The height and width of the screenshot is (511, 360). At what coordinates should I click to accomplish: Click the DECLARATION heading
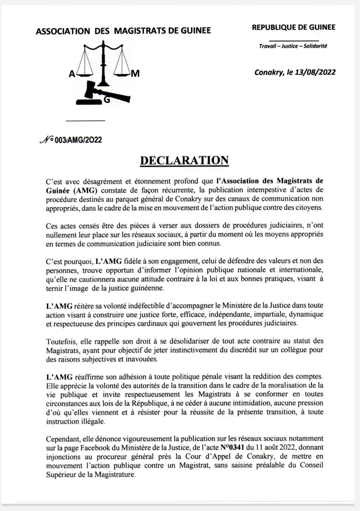point(184,160)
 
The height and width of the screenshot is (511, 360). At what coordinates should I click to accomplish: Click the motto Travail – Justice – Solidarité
point(293,46)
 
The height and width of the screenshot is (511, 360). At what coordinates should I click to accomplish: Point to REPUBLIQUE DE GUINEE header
point(293,27)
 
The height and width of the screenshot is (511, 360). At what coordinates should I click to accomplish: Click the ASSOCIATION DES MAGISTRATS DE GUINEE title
point(123,31)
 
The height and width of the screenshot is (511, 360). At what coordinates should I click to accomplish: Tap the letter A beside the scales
point(72,75)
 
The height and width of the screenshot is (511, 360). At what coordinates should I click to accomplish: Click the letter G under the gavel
point(106,101)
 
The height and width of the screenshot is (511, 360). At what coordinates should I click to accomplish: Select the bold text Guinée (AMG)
point(71,190)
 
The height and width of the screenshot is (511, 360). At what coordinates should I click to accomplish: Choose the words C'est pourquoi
point(70,261)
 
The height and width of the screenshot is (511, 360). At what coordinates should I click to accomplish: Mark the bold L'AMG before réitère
point(59,306)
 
